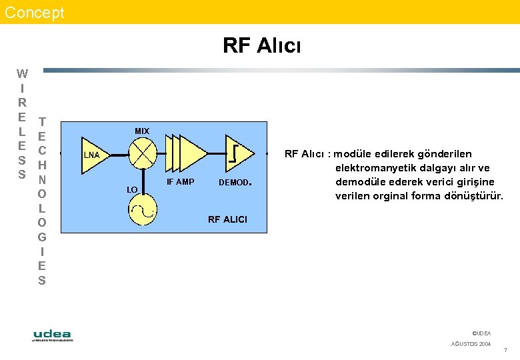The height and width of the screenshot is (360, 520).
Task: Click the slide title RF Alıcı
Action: tap(261, 45)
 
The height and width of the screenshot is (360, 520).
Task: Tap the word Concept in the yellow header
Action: tap(35, 12)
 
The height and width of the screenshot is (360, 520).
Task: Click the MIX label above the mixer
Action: tap(142, 131)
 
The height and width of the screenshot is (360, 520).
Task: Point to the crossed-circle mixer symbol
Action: tap(143, 155)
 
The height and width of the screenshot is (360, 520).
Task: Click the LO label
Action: tap(132, 190)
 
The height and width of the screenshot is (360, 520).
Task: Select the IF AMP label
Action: tap(180, 182)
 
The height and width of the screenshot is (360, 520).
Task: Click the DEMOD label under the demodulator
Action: tap(233, 183)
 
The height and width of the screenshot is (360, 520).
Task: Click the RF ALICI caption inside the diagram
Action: tap(227, 219)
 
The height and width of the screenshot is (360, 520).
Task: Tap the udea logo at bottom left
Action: tap(53, 335)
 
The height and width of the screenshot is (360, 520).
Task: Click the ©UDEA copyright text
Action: tap(481, 333)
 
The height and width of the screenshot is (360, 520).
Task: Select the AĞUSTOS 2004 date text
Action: tap(471, 344)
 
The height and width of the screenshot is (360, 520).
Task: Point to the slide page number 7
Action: tap(505, 351)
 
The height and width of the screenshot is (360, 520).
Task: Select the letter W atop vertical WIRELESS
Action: tap(22, 74)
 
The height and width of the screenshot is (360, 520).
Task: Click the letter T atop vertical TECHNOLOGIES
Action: tap(42, 122)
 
